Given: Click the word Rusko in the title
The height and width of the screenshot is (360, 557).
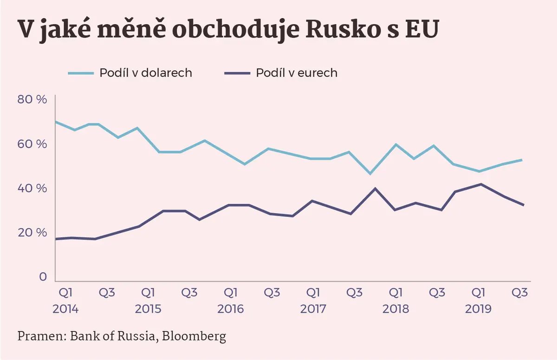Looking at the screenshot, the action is click(342, 29).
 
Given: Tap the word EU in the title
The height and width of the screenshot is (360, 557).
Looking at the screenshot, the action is click(422, 29).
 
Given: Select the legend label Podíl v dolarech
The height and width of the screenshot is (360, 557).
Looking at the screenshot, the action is click(146, 73).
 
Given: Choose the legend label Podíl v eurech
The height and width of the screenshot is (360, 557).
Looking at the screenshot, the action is click(297, 73).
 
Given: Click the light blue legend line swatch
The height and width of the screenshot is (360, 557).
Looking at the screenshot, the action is click(81, 73).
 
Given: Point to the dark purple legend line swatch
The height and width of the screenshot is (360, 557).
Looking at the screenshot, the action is click(237, 73).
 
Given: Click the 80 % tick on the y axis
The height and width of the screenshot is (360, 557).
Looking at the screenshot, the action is click(32, 99).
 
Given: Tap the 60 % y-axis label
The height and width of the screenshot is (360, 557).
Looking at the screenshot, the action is click(32, 144).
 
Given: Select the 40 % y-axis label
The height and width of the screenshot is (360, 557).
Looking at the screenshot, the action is click(32, 188).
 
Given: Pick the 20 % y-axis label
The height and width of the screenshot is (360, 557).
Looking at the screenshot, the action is click(32, 233).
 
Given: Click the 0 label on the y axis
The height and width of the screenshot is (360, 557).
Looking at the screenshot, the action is click(43, 277).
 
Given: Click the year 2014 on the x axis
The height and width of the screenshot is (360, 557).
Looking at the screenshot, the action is click(65, 309).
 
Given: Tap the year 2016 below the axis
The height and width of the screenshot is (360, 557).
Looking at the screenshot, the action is click(231, 309).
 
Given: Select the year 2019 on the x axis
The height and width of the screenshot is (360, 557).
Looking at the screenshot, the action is click(478, 309).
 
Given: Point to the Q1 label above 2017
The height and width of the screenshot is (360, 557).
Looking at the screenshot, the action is click(313, 293).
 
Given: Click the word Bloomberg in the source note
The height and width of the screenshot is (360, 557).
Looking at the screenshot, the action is click(194, 337).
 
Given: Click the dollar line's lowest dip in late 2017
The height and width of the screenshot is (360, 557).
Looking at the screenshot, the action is click(370, 174).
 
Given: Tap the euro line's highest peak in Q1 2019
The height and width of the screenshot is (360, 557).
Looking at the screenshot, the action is click(481, 184).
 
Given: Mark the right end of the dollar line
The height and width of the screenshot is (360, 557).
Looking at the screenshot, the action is click(522, 160).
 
